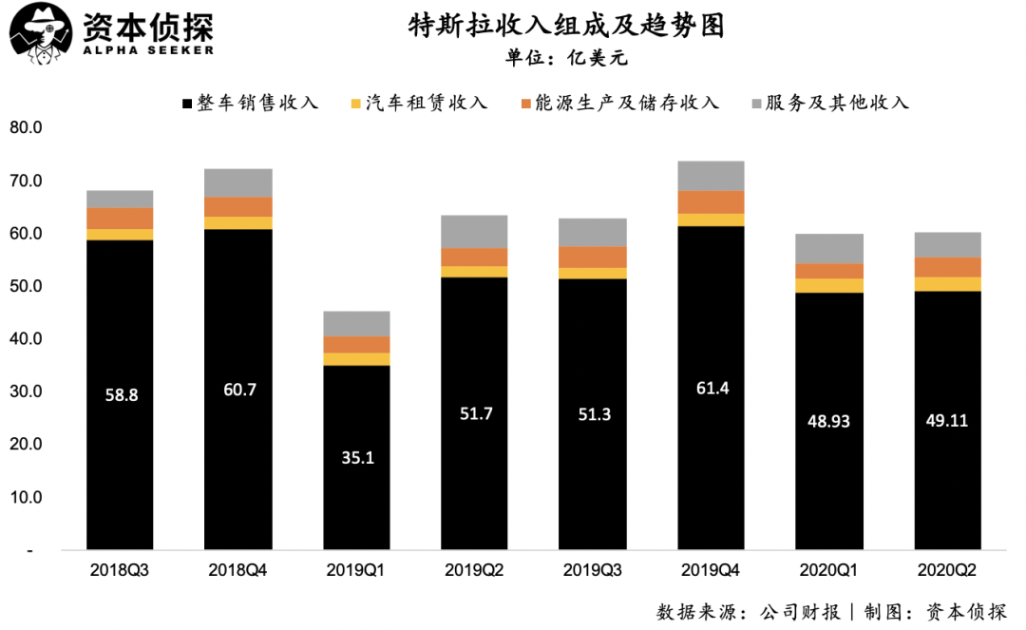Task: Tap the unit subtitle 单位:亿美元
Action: tap(566, 57)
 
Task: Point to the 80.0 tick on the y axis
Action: tap(26, 128)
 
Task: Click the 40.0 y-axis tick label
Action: tap(26, 339)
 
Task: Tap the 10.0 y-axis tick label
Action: tap(26, 497)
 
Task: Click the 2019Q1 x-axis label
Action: tap(356, 571)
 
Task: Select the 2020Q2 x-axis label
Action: tap(947, 571)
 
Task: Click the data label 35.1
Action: tap(356, 457)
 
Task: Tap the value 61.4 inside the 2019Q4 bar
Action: tap(711, 388)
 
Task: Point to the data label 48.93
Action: tap(828, 420)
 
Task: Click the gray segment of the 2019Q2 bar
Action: tap(474, 232)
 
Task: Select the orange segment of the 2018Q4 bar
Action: tap(238, 206)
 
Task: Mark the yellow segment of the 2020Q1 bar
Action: tap(828, 285)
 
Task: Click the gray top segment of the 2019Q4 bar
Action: tap(711, 176)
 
